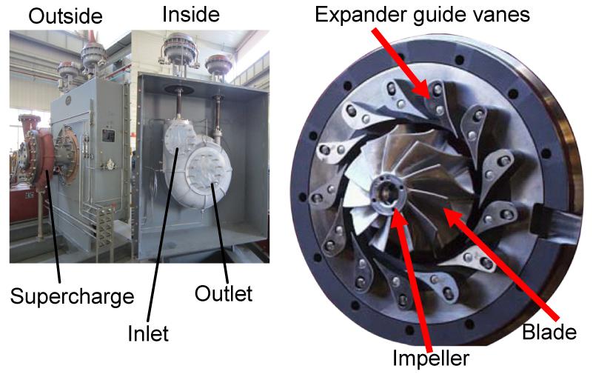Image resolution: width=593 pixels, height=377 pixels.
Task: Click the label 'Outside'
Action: pyautogui.click(x=65, y=16)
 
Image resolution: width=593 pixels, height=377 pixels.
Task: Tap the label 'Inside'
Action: pyautogui.click(x=190, y=14)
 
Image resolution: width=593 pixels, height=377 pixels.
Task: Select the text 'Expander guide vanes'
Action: pyautogui.click(x=422, y=15)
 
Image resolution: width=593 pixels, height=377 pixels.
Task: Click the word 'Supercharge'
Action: pyautogui.click(x=72, y=296)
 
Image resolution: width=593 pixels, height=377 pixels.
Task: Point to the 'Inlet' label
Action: pyautogui.click(x=148, y=333)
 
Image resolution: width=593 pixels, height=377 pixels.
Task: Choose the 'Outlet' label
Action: pyautogui.click(x=223, y=293)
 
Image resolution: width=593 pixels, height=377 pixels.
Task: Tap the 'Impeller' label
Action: pyautogui.click(x=431, y=358)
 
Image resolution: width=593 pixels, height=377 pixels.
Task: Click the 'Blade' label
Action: pyautogui.click(x=549, y=332)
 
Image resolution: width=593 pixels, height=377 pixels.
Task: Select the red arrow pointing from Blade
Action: pyautogui.click(x=500, y=263)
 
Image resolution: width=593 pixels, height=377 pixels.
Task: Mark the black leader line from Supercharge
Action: pyautogui.click(x=53, y=227)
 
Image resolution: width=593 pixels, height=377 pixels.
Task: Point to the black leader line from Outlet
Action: pyautogui.click(x=220, y=233)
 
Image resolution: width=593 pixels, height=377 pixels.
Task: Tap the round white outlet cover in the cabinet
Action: pyautogui.click(x=209, y=171)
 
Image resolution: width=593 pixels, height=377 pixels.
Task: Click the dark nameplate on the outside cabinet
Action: pyautogui.click(x=108, y=136)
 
